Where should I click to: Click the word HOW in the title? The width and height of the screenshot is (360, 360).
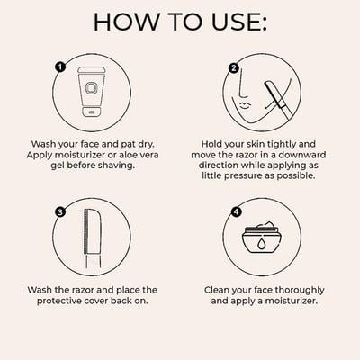pyautogui.click(x=127, y=22)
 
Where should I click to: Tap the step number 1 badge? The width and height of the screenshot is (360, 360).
pyautogui.click(x=60, y=67)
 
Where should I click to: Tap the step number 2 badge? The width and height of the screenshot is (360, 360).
pyautogui.click(x=234, y=68)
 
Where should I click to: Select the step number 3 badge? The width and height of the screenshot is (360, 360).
pyautogui.click(x=60, y=212)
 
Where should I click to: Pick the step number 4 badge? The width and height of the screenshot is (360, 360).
pyautogui.click(x=237, y=212)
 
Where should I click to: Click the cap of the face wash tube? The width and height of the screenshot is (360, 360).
pyautogui.click(x=92, y=111)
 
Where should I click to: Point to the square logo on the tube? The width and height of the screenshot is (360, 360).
pyautogui.click(x=91, y=88)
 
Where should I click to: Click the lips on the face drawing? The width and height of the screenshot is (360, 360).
pyautogui.click(x=246, y=105)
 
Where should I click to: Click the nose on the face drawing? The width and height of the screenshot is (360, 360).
pyautogui.click(x=242, y=86)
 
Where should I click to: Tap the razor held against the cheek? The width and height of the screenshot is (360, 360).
pyautogui.click(x=278, y=100)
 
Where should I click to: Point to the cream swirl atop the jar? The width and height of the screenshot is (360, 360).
pyautogui.click(x=265, y=225)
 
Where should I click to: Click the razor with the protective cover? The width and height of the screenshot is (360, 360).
pyautogui.click(x=93, y=238)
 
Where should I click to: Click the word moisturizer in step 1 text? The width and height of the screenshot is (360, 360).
pyautogui.click(x=79, y=155)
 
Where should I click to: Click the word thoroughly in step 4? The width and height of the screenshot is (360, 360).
pyautogui.click(x=300, y=291)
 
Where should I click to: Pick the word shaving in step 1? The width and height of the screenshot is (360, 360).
pyautogui.click(x=117, y=166)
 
